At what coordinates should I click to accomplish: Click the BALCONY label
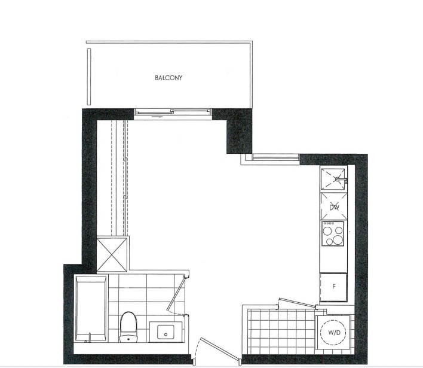pyautogui.click(x=168, y=78)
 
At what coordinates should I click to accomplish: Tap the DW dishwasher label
pyautogui.click(x=334, y=207)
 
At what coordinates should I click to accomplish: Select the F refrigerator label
pyautogui.click(x=334, y=287)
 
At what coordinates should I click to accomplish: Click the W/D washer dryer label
pyautogui.click(x=334, y=333)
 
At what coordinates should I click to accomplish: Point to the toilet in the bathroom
pyautogui.click(x=128, y=326)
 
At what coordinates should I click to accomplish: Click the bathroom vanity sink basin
pyautogui.click(x=165, y=331)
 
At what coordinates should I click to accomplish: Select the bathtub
pyautogui.click(x=90, y=308)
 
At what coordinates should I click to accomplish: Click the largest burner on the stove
pyautogui.click(x=337, y=240)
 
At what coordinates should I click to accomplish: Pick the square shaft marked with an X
pyautogui.click(x=111, y=254)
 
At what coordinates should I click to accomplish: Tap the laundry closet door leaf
pyautogui.click(x=297, y=303)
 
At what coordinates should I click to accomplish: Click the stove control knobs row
pyautogui.click(x=329, y=223)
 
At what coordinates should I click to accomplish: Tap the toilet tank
pyautogui.click(x=128, y=338)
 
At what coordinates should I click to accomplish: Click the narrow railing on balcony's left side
pyautogui.click(x=89, y=77)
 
